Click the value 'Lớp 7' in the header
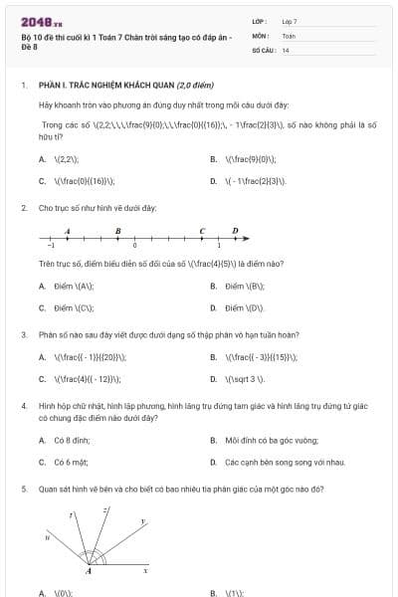[x=290, y=21]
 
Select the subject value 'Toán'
[x=289, y=35]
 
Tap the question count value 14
[x=286, y=49]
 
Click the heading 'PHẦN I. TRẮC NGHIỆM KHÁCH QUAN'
[x=107, y=86]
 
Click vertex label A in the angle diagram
[x=89, y=571]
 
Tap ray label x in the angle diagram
[x=145, y=570]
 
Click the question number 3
[x=23, y=334]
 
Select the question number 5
[x=23, y=490]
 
